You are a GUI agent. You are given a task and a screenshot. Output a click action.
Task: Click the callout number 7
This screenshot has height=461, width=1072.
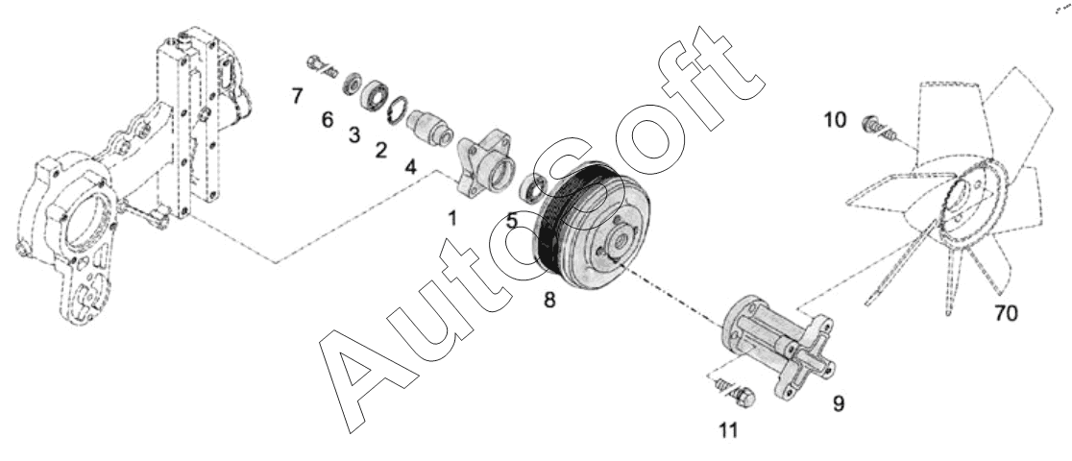pos(298,98)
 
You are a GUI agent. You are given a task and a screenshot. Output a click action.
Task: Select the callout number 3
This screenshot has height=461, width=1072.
pos(354,135)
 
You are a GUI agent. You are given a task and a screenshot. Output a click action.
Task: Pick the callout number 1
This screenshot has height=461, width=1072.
pos(451,218)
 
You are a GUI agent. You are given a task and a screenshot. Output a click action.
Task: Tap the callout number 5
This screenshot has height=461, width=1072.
pos(512,221)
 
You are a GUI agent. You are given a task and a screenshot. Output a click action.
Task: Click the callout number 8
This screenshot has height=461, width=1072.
pos(549,300)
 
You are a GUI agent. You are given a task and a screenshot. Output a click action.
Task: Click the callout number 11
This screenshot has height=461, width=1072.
pos(730,430)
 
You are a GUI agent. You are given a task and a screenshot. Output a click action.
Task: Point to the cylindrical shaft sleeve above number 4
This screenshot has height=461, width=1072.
pos(428,127)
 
